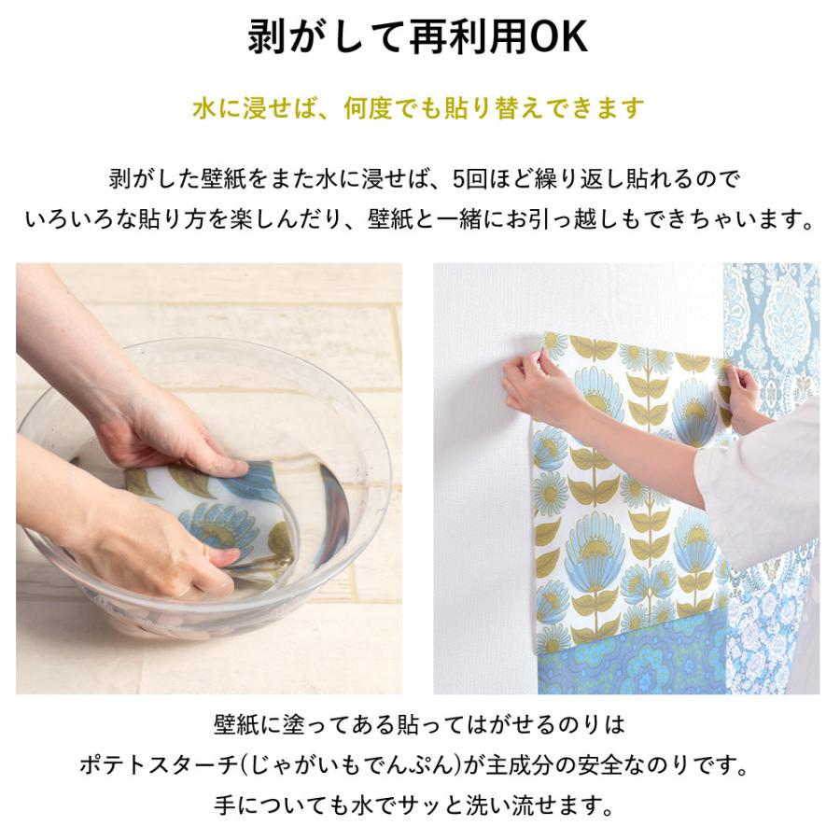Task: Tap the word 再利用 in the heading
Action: coord(467,37)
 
